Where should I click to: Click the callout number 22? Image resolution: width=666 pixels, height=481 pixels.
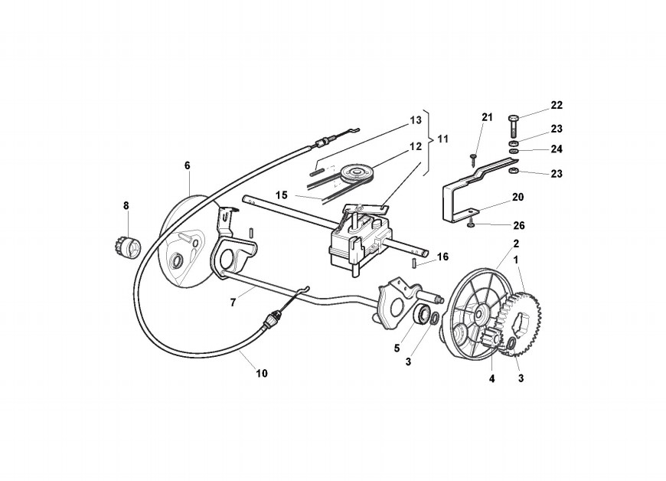coord(556,105)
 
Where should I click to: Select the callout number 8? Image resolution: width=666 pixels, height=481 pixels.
coord(127,205)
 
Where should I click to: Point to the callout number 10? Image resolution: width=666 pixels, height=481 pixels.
coord(262,374)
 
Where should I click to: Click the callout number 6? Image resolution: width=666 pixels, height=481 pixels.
coord(187,165)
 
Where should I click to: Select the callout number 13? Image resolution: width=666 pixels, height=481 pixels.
coord(416,120)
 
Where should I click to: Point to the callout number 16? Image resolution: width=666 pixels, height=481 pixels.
coord(442,256)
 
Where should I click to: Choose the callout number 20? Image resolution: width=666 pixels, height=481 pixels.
coord(517,197)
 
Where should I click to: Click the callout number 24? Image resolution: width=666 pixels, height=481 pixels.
coord(556,149)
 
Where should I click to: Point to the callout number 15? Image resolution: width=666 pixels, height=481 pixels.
coord(282,195)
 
